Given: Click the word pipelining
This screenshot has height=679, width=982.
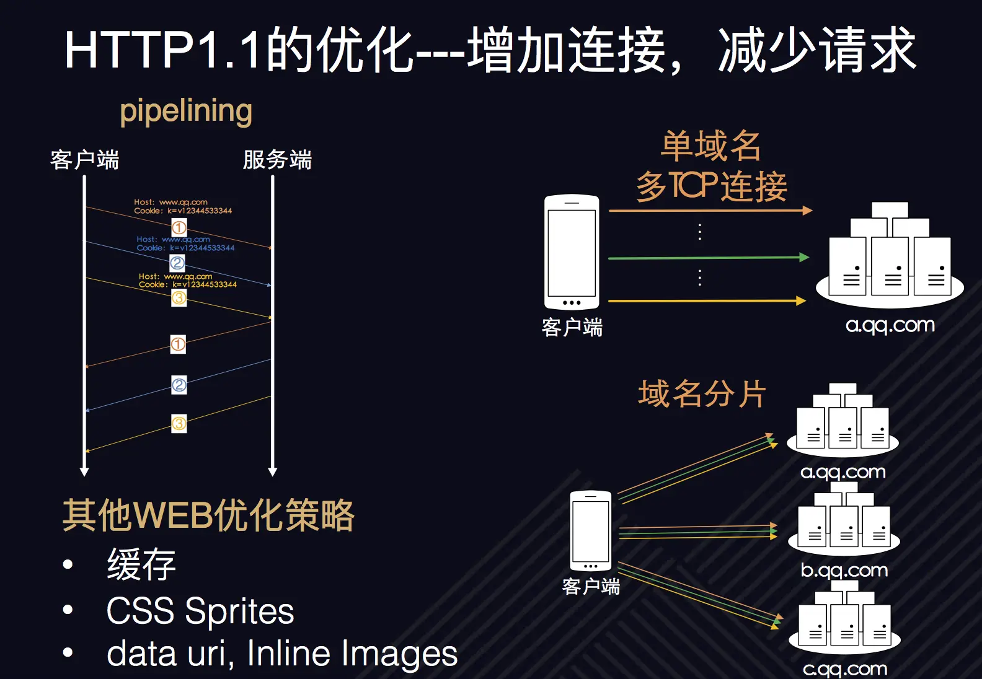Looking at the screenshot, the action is (x=186, y=112).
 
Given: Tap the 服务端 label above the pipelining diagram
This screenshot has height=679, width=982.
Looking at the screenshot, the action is (x=276, y=160).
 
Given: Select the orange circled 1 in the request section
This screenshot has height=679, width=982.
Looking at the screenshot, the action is (x=179, y=228).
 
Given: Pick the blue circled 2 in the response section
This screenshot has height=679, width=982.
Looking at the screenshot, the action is (x=179, y=385).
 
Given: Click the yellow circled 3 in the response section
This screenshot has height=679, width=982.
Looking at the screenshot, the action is (x=179, y=424).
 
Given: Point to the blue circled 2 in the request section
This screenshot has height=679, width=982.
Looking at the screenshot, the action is (x=177, y=263).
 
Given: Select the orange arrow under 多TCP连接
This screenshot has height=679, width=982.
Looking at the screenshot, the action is (x=710, y=211).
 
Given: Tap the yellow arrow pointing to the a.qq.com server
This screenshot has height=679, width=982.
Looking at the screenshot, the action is (x=707, y=301).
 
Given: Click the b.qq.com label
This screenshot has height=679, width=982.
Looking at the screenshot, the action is (x=844, y=570).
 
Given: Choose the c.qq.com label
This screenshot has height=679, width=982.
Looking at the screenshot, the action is (x=844, y=669).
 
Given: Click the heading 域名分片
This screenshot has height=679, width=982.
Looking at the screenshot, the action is (x=702, y=394).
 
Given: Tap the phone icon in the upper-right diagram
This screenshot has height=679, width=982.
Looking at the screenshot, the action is (x=572, y=252).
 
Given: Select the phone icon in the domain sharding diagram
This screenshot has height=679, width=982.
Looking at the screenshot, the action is (x=591, y=531).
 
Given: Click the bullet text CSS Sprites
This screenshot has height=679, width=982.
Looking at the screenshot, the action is (x=200, y=611).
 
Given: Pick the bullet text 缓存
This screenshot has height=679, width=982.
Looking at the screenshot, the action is (x=141, y=565).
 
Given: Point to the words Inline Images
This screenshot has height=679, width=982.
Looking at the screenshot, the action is (x=352, y=654).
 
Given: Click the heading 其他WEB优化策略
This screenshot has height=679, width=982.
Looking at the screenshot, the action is (x=208, y=515).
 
